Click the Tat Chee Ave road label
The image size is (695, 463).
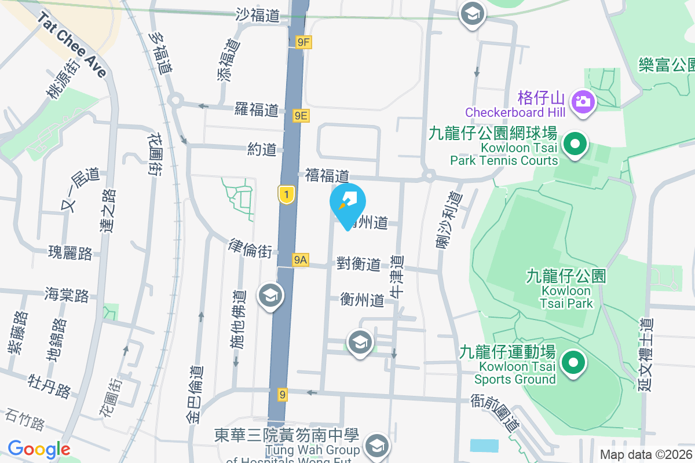(x=73, y=45)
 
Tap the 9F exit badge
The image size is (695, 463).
(x=303, y=42)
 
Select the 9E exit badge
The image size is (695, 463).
(x=301, y=116)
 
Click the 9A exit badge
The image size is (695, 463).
(x=299, y=260)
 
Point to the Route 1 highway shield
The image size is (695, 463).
(x=285, y=194)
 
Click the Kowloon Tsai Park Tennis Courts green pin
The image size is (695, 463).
(x=575, y=144)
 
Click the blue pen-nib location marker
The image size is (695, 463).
(x=348, y=203)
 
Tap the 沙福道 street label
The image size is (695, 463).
(x=258, y=16)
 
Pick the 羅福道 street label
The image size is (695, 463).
(x=257, y=109)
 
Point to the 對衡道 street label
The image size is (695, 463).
(x=359, y=264)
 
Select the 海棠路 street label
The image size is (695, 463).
(x=67, y=295)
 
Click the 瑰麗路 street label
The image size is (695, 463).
(x=71, y=253)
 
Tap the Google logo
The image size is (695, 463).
(x=39, y=449)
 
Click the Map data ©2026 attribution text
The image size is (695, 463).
(x=646, y=454)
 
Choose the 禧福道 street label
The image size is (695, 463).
(x=327, y=175)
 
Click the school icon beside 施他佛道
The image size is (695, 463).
(x=269, y=295)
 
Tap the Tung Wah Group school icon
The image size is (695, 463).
(x=377, y=446)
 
